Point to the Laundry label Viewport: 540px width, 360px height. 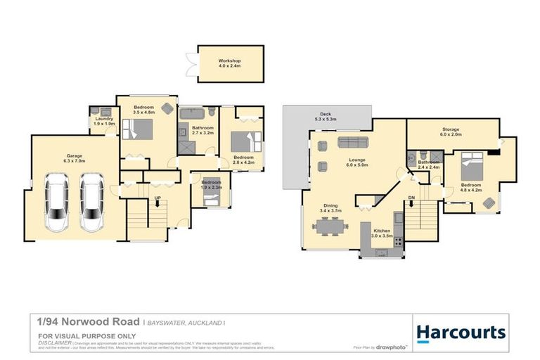click(103, 120)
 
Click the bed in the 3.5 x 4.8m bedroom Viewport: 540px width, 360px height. click(137, 131)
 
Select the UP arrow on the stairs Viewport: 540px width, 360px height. click(157, 202)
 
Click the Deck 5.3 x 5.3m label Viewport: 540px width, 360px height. click(326, 117)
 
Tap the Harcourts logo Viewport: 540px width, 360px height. click(461, 332)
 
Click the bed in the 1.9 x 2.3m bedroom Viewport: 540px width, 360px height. click(211, 200)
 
